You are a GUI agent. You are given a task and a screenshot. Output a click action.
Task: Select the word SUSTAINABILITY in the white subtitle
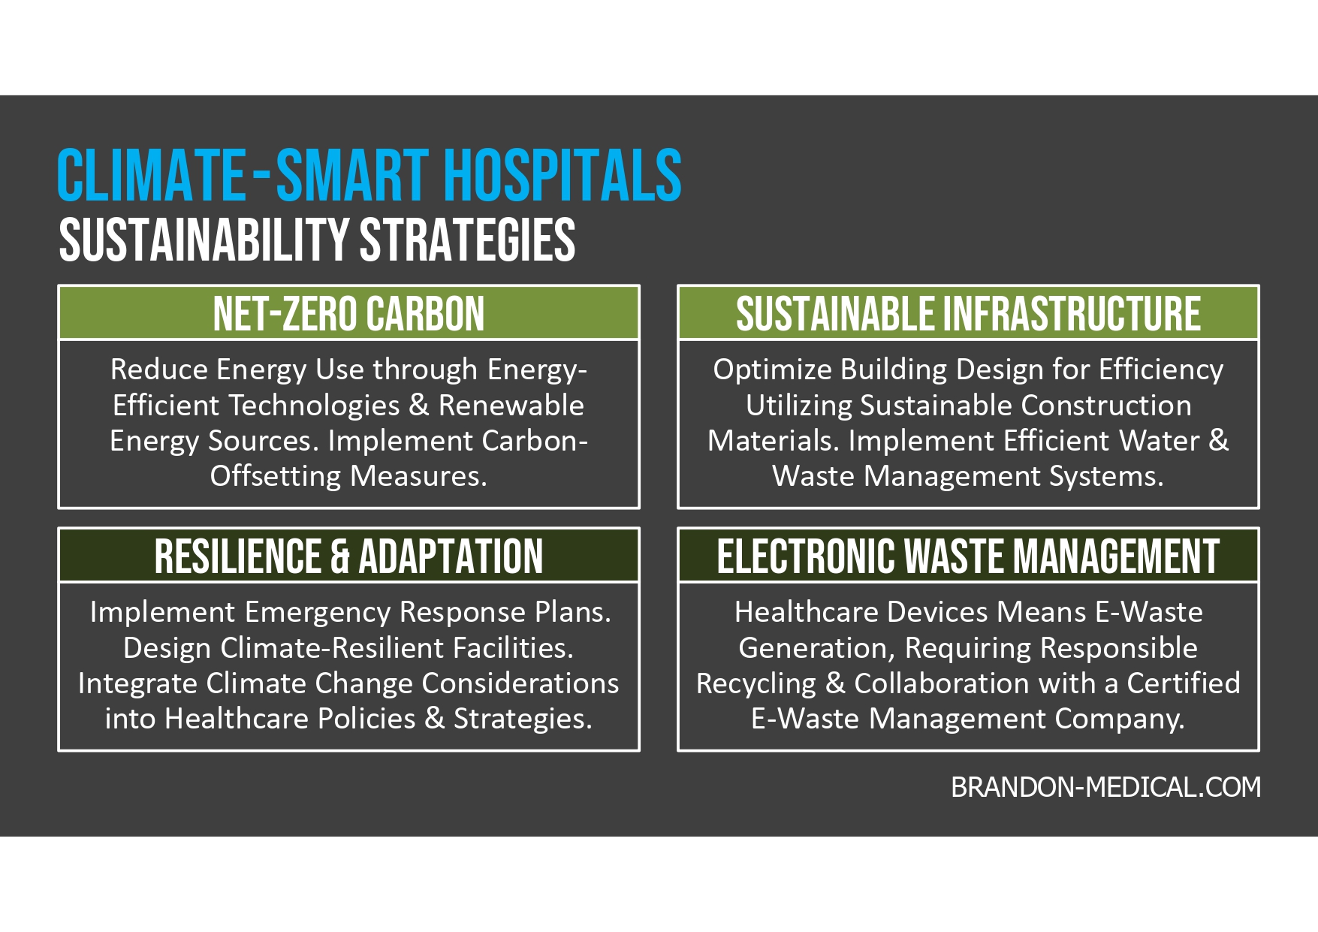204,240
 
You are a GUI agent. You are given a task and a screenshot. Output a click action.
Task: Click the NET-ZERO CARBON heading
348,314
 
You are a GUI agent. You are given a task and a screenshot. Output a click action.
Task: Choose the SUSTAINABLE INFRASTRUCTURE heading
968,314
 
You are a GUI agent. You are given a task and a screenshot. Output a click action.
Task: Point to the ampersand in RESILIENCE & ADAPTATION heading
339,556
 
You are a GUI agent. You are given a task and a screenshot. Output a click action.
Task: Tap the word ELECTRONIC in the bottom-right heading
806,556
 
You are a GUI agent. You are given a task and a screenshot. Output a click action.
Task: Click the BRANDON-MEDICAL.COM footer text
1105,787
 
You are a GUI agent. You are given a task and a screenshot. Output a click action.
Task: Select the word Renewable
511,406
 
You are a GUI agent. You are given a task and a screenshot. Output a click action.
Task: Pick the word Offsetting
276,476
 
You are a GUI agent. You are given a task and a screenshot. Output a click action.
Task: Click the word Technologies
315,406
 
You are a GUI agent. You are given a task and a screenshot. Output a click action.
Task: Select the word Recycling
756,683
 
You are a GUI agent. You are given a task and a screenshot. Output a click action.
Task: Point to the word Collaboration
942,683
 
